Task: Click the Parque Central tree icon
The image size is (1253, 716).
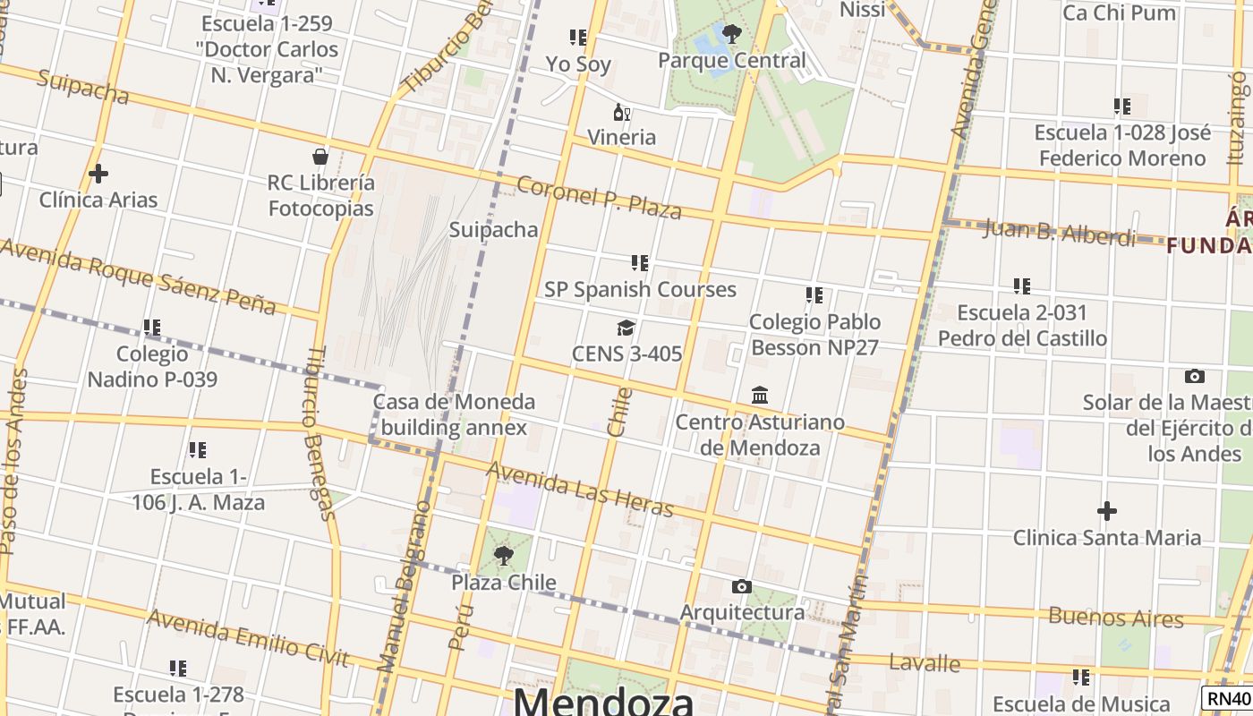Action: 731,34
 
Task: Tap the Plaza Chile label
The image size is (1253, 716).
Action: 503,583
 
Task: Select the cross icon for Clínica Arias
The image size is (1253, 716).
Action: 98,174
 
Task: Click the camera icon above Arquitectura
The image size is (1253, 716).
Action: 741,587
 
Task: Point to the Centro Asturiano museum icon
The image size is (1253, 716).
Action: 760,396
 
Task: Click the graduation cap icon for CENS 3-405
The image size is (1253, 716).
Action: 626,328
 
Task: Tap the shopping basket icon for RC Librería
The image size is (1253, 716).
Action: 320,158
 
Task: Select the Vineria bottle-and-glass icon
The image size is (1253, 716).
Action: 621,113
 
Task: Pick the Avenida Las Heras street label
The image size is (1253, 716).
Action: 579,490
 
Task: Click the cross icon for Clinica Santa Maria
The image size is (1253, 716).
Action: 1107,511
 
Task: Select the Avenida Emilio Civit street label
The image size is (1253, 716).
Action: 247,639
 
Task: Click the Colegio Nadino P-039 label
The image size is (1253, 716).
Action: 152,367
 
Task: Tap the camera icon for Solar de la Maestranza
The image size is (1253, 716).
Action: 1194,377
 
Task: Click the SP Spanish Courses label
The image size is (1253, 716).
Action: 640,289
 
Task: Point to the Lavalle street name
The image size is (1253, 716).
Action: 925,663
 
